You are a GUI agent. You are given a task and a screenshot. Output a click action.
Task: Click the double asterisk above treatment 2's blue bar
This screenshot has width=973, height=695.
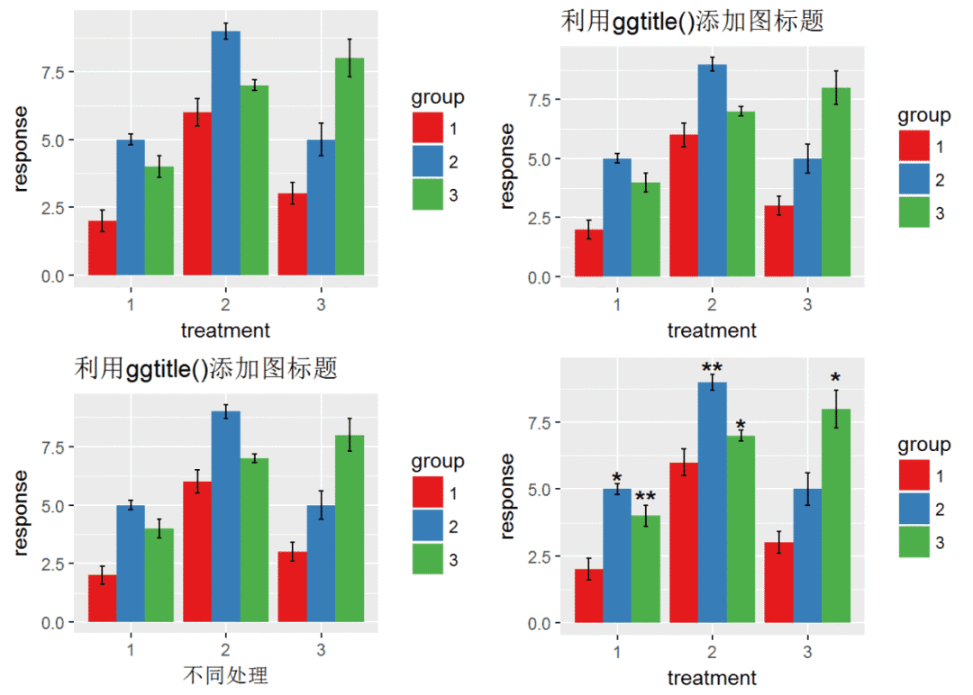712,368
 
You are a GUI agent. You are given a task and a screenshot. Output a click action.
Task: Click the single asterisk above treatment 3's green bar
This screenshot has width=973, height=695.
835,379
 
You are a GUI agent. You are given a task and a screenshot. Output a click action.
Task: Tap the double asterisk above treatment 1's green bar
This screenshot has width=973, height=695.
645,498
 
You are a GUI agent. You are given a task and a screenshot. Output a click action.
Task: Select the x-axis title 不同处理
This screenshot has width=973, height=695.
225,675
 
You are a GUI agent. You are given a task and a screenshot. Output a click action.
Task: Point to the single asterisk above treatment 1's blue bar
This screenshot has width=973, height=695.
617,478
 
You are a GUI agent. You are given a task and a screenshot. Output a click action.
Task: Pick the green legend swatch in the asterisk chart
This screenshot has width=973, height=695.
914,543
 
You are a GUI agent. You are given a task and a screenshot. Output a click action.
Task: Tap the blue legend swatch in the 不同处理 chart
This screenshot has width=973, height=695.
427,526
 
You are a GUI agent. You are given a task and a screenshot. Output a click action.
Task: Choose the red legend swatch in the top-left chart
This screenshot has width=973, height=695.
427,128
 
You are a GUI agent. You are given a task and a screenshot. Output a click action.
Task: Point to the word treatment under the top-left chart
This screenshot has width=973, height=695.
225,330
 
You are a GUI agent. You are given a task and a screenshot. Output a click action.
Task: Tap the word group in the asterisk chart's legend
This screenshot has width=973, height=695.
923,445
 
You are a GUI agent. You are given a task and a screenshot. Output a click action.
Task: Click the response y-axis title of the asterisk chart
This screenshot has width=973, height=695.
508,496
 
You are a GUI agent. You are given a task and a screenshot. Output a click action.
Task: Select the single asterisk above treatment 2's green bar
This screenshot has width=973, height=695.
741,426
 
